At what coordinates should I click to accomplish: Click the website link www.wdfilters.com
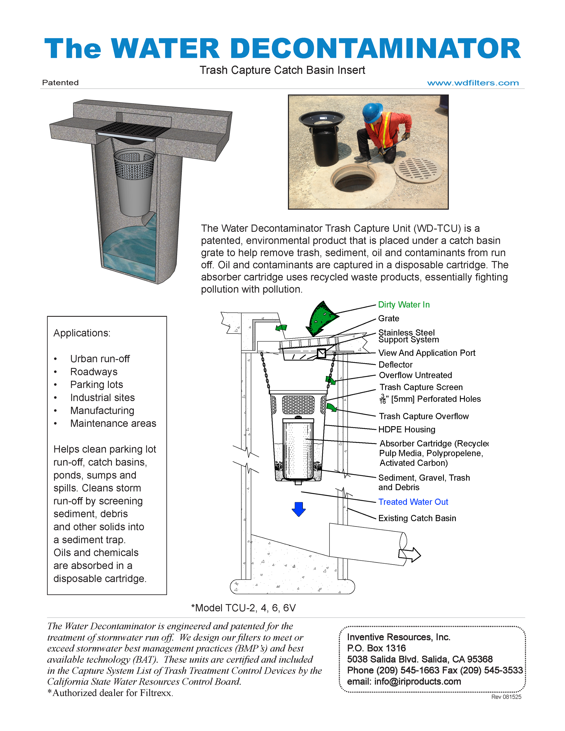point(473,83)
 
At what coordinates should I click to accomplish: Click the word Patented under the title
point(60,83)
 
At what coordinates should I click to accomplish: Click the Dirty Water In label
point(404,305)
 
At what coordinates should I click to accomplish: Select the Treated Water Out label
point(413,502)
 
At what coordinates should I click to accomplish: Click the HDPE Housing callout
point(407,429)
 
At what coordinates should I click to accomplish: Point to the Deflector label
point(395,364)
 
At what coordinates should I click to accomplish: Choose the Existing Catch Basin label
point(417,518)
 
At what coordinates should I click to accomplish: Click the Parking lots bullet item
point(97,385)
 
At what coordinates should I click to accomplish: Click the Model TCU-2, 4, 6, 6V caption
point(243,608)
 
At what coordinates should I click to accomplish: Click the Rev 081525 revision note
point(506,697)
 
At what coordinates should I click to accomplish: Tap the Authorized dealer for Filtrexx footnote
point(111,693)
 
